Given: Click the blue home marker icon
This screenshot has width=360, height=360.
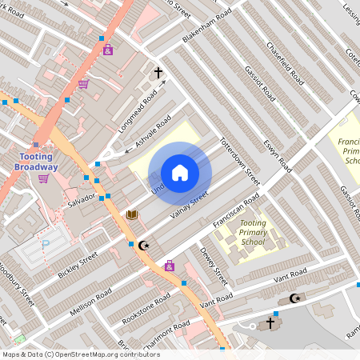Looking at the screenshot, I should coord(180,173).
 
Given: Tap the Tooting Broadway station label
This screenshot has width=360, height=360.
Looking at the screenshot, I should coord(36,162).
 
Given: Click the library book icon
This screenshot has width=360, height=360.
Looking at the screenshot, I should coord(132,214).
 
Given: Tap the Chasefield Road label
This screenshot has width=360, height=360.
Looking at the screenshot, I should coord(285,65).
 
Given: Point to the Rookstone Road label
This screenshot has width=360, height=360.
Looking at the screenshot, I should coord(146,306).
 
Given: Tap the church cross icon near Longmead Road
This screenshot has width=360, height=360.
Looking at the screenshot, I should coord(158,73).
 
